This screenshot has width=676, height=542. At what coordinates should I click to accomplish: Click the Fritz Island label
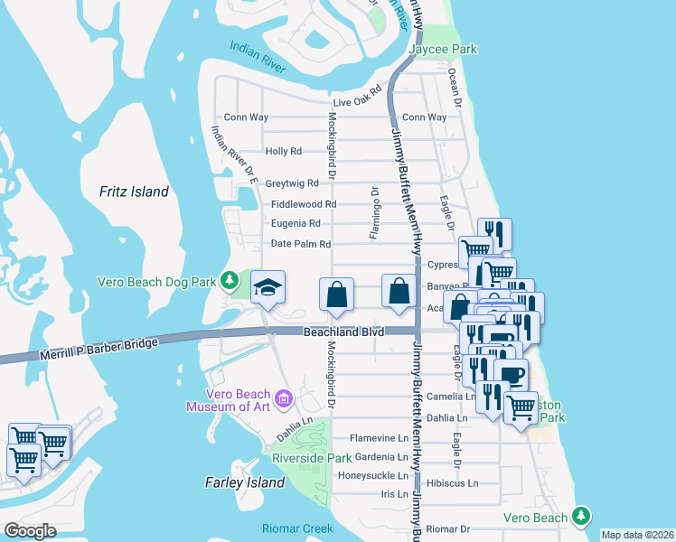click(135, 192)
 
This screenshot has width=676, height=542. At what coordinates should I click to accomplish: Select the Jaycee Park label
click(442, 49)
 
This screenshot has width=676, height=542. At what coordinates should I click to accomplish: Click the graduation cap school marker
click(268, 288)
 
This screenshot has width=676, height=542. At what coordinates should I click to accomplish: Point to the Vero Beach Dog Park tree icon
click(232, 282)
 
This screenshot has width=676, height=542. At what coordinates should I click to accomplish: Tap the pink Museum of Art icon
click(284, 398)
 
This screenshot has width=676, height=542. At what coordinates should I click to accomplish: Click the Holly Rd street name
click(283, 151)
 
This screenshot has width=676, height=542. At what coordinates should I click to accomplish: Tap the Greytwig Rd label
click(292, 182)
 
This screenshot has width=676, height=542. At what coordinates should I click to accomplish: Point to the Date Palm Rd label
click(301, 244)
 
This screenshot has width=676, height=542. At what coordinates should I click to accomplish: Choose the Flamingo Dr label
click(373, 213)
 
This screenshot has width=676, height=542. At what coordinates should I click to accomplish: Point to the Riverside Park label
click(311, 458)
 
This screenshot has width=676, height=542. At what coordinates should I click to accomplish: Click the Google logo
click(31, 530)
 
